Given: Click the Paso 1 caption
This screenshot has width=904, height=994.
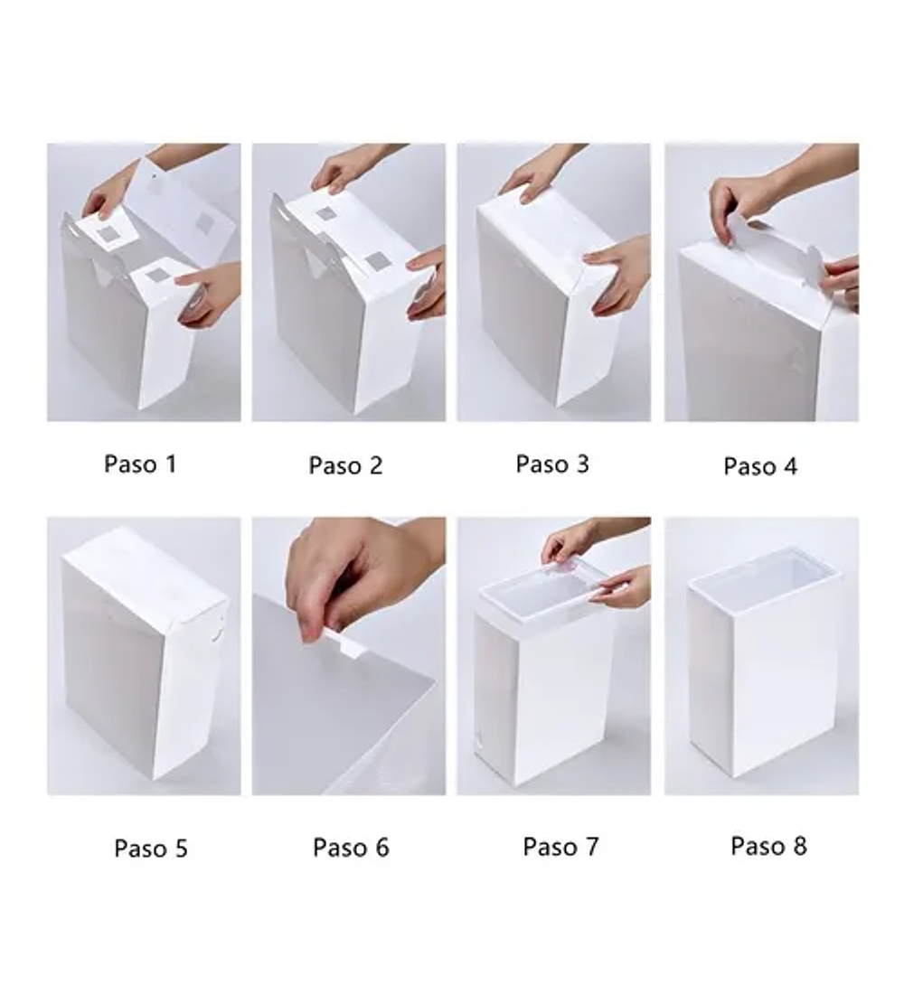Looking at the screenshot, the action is (140, 464).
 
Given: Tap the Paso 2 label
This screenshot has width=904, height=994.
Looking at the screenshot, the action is (345, 465).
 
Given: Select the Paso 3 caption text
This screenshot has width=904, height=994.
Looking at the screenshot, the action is (552, 464).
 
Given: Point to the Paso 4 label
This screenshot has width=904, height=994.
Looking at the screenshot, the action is (760, 466).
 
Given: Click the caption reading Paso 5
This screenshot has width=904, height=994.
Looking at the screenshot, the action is (151, 849).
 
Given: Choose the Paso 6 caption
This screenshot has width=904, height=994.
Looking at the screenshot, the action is (351, 848).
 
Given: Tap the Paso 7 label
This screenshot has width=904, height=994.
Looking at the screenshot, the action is (560, 847).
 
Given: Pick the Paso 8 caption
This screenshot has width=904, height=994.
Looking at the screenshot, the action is (769, 846).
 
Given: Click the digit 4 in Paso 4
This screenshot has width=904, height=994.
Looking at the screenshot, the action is (790, 466).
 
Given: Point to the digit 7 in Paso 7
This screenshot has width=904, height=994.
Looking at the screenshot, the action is (592, 847).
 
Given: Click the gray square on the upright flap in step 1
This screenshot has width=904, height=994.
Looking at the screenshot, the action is (205, 222).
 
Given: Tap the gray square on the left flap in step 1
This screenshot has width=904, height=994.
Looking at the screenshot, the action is (110, 235).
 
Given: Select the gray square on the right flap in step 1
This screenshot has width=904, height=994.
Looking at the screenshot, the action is (155, 276).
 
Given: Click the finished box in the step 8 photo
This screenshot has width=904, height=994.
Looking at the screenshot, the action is (765, 662).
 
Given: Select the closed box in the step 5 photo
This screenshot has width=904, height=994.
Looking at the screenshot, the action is (145, 653).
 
